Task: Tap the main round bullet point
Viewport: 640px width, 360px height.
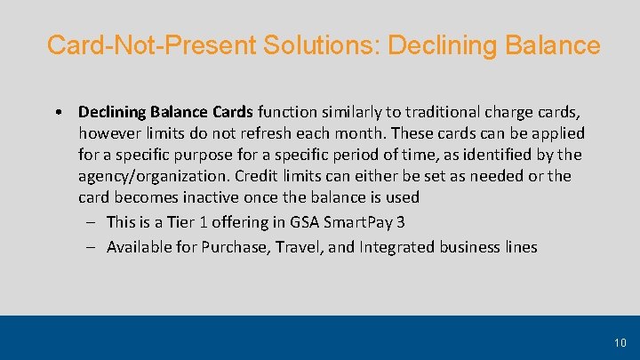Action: [57, 112]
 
